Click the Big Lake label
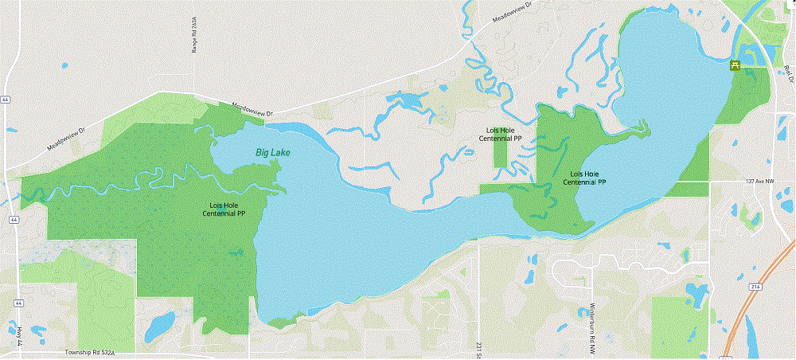point(273,151)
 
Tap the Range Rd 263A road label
point(193,36)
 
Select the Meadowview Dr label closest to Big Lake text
point(252,109)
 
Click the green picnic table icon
point(735,65)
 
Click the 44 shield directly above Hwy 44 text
point(17,303)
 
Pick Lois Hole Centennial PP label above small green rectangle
point(501,134)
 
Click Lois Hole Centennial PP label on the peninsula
point(585,178)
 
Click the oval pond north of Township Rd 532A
point(161,324)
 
